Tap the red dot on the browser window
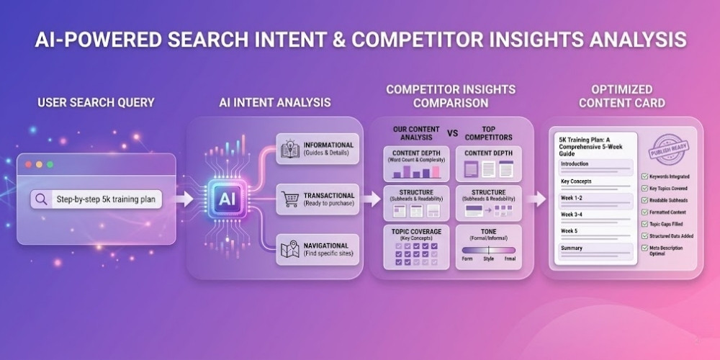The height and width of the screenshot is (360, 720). pos(28,165)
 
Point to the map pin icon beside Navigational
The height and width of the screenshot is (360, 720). pos(290,249)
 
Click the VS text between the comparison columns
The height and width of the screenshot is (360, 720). pos(452,133)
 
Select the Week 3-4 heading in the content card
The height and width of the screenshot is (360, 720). pos(573,215)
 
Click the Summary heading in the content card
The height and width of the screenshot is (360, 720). pos(572,248)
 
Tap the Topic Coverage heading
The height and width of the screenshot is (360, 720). pos(416,231)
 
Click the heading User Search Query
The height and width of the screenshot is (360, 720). pos(96,102)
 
